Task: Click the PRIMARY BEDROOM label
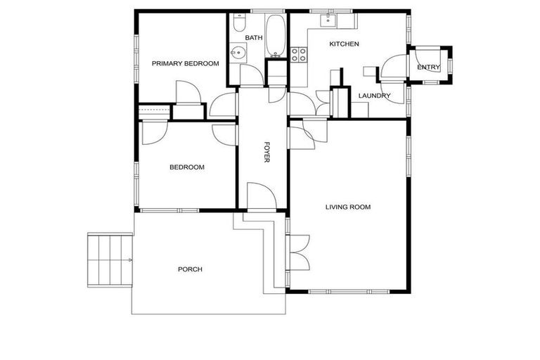pos(185,63)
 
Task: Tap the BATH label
pos(253,38)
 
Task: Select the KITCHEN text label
pos(345,44)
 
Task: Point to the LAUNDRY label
pos(374,96)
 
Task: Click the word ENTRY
pos(428,67)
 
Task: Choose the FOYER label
pos(267,152)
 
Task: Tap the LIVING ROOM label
pos(347,207)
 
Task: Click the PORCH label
pos(190,269)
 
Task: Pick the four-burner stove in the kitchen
pos(298,53)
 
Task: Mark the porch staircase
pos(110,259)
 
